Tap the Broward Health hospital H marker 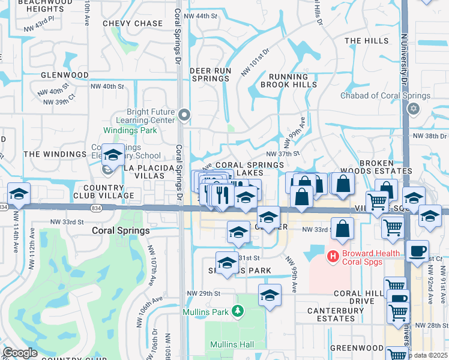pos(332,257)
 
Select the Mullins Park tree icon pos(238,311)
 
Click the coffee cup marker pos(417,251)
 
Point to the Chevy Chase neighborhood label pos(133,23)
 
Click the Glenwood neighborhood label pos(65,75)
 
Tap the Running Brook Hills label pos(292,81)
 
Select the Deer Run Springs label pos(210,75)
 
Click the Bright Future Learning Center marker pos(185,114)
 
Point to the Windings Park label pos(130,130)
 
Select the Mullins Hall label pos(232,344)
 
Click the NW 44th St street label pos(201,16)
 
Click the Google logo pos(20,353)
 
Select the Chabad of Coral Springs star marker pos(412,109)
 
